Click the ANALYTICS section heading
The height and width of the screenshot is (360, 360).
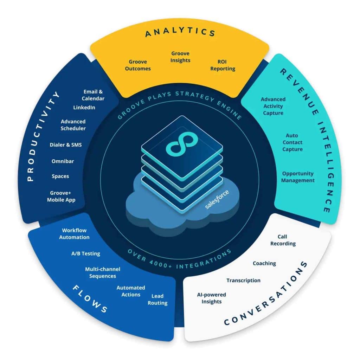coord(180,33)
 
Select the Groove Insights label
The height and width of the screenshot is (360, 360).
coord(180,57)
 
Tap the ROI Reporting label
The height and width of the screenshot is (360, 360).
coord(223,65)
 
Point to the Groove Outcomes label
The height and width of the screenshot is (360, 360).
coord(138,65)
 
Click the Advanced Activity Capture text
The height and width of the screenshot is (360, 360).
coord(273,106)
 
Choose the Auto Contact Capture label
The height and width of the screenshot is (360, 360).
coord(292,142)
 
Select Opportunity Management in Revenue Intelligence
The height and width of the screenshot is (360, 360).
coord(298,177)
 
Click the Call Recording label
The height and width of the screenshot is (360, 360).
coord(283,240)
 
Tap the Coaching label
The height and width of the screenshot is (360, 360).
coord(264,263)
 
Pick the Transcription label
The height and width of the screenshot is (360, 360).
coord(243,280)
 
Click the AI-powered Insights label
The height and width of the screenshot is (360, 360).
coord(211,298)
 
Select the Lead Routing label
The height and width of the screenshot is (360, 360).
coord(157,300)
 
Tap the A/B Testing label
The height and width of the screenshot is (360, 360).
coord(85,253)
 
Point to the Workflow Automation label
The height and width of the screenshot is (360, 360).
coord(74,234)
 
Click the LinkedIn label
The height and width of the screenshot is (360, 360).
coord(84,107)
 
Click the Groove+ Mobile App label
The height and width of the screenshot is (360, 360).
coord(61,197)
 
